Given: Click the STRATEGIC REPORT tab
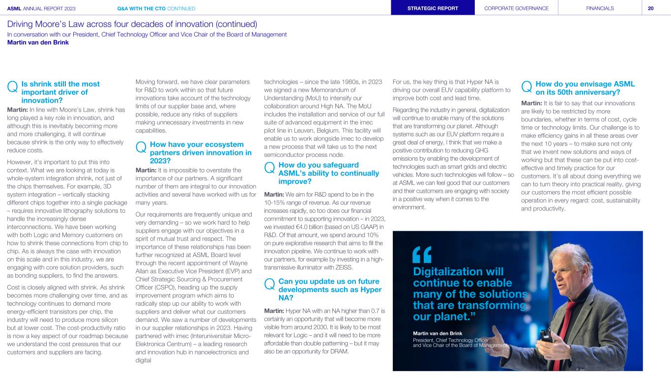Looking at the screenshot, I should (x=433, y=8).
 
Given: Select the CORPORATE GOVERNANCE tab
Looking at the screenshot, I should (x=516, y=8).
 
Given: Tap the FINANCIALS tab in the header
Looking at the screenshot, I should (x=600, y=8).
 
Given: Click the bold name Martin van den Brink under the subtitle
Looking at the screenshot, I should (x=38, y=42).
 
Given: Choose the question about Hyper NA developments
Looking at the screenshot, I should (x=328, y=290).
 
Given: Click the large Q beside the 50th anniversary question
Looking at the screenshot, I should (x=526, y=87).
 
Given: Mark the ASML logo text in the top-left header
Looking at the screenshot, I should (x=15, y=8).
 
